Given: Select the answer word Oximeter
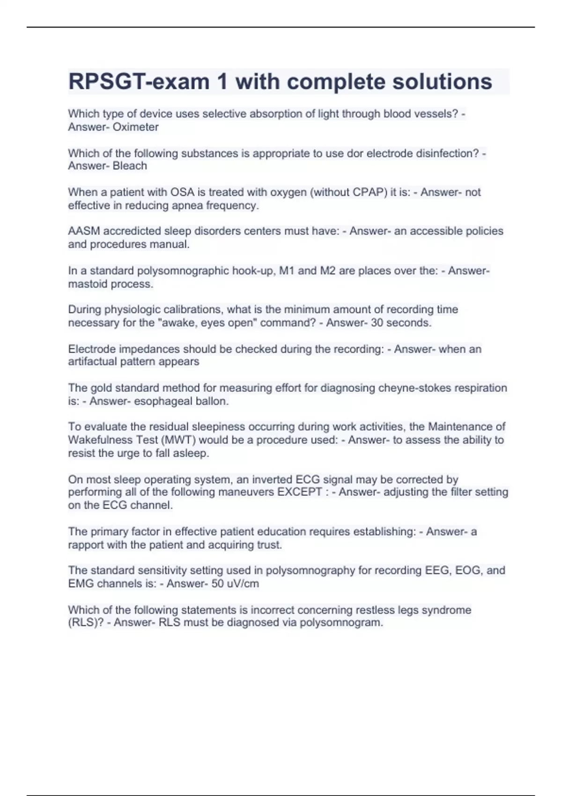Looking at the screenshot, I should click(x=135, y=127).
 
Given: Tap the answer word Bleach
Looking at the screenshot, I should click(x=130, y=166).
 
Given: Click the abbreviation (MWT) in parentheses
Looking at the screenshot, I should click(x=177, y=440).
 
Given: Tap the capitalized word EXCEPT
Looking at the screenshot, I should click(x=300, y=492).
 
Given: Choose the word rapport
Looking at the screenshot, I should click(x=86, y=545).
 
